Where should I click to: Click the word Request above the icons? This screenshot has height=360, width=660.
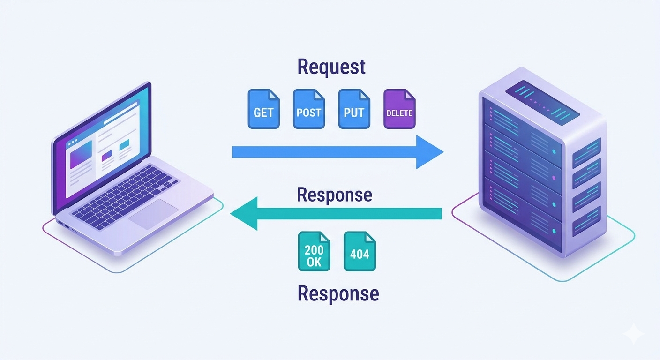coord(331,67)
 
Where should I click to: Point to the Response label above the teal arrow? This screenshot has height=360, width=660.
coord(335,195)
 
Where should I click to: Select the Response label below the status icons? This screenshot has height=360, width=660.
coord(338,294)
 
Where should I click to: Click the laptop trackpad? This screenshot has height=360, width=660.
coord(154,214)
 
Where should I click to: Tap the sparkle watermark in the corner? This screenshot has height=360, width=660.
coord(636,334)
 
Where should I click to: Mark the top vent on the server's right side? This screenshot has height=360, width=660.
coord(586,153)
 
